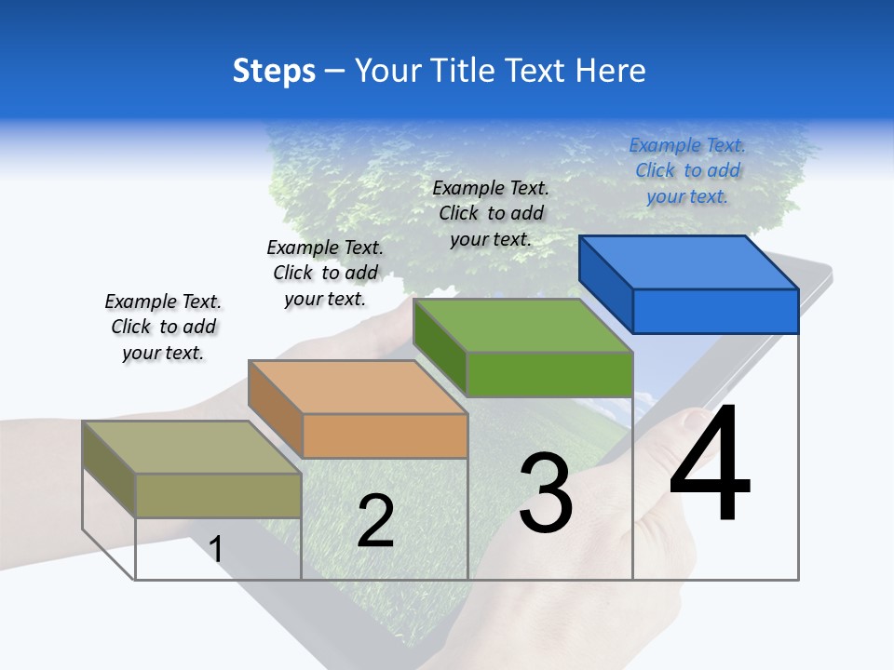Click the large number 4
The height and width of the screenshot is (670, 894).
point(710,465)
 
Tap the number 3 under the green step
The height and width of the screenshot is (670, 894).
point(546,493)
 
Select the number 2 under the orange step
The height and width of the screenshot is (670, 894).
point(375,521)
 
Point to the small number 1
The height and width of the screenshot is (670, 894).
point(216,549)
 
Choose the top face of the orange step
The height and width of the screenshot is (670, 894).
point(358,386)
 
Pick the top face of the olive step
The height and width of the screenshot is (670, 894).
point(192,447)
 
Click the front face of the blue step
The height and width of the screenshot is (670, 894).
point(715,311)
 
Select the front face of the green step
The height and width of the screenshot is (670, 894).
point(549,374)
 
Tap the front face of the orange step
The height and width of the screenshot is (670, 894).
point(385,435)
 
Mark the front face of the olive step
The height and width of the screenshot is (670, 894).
point(218,495)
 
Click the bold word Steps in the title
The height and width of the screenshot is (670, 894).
point(274,71)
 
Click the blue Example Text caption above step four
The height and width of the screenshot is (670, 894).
point(687,170)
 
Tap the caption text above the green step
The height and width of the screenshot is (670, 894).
point(491,213)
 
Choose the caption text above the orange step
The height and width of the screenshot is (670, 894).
point(325,273)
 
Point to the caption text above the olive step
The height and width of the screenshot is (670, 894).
point(163,327)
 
